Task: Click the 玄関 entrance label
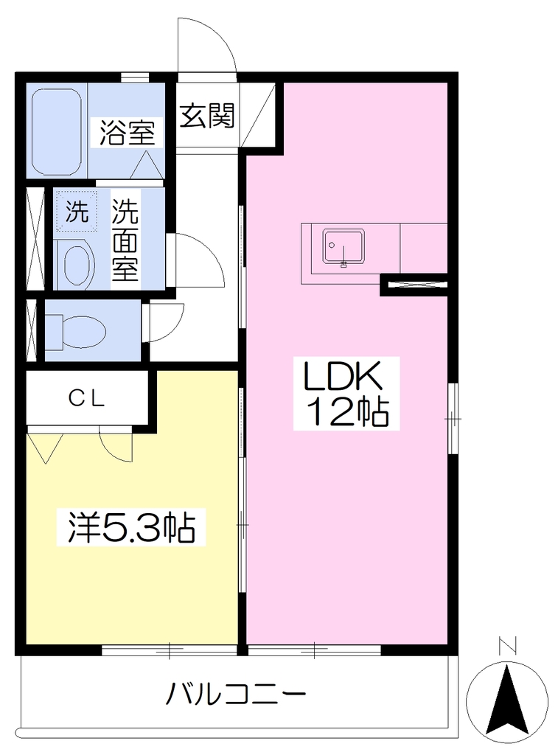(208, 116)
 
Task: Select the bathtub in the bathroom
(56, 132)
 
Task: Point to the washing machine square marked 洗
(77, 211)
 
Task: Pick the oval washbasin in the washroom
(76, 265)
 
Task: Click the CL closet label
(87, 398)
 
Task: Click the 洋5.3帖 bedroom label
(131, 527)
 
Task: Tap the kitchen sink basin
(343, 247)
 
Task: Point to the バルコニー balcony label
(236, 694)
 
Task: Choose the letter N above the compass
(507, 646)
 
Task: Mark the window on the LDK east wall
(453, 419)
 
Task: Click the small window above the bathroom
(134, 77)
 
